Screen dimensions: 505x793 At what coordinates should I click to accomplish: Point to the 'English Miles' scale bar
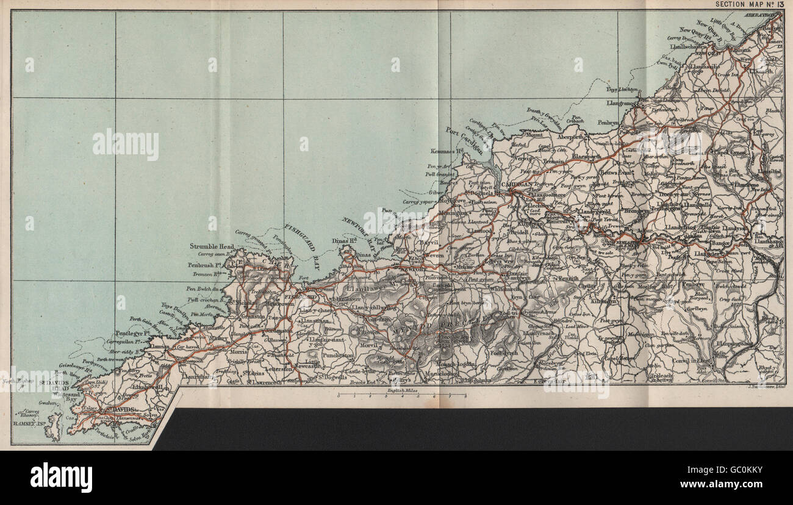pyautogui.click(x=402, y=395)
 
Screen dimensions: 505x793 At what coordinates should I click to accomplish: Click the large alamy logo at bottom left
pyautogui.click(x=61, y=477)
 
